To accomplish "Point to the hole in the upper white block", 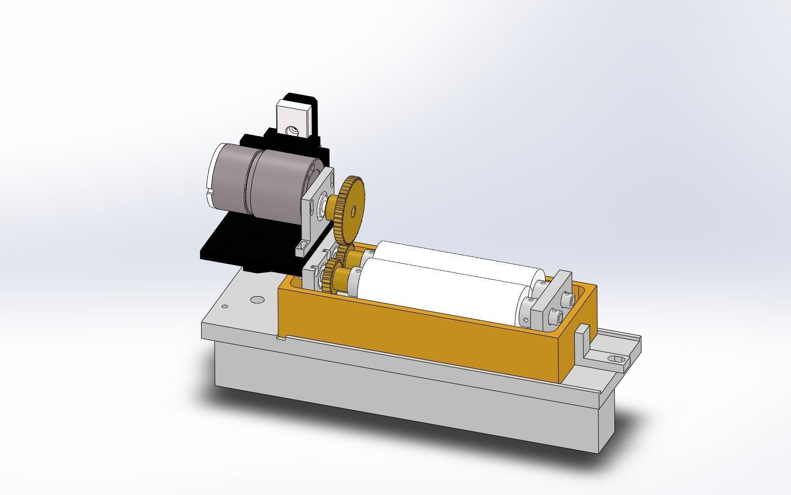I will coord(291,131).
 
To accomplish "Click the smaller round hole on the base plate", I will coord(225,306).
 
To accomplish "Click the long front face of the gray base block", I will coord(401,397).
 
